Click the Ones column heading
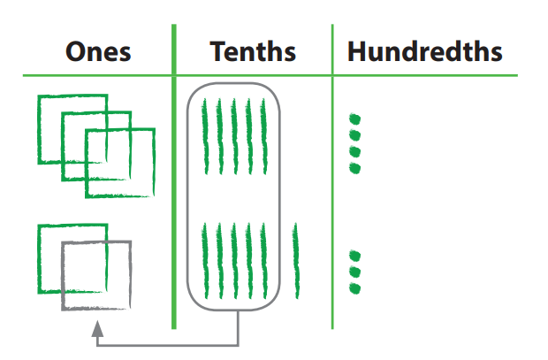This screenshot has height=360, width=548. (x=98, y=51)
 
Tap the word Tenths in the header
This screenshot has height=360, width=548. (x=253, y=51)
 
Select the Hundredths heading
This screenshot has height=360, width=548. (x=424, y=51)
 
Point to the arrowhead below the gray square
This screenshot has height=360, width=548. (x=97, y=328)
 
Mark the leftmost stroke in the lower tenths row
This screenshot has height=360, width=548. (x=205, y=260)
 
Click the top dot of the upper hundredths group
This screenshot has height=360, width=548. (x=355, y=118)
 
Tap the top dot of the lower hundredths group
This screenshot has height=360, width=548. (x=355, y=257)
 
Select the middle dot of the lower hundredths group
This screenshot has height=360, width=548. (x=355, y=272)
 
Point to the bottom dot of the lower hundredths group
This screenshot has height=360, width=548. (x=355, y=288)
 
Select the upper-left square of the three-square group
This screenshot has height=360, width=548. (x=49, y=111)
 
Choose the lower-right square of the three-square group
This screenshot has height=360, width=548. (x=133, y=181)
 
